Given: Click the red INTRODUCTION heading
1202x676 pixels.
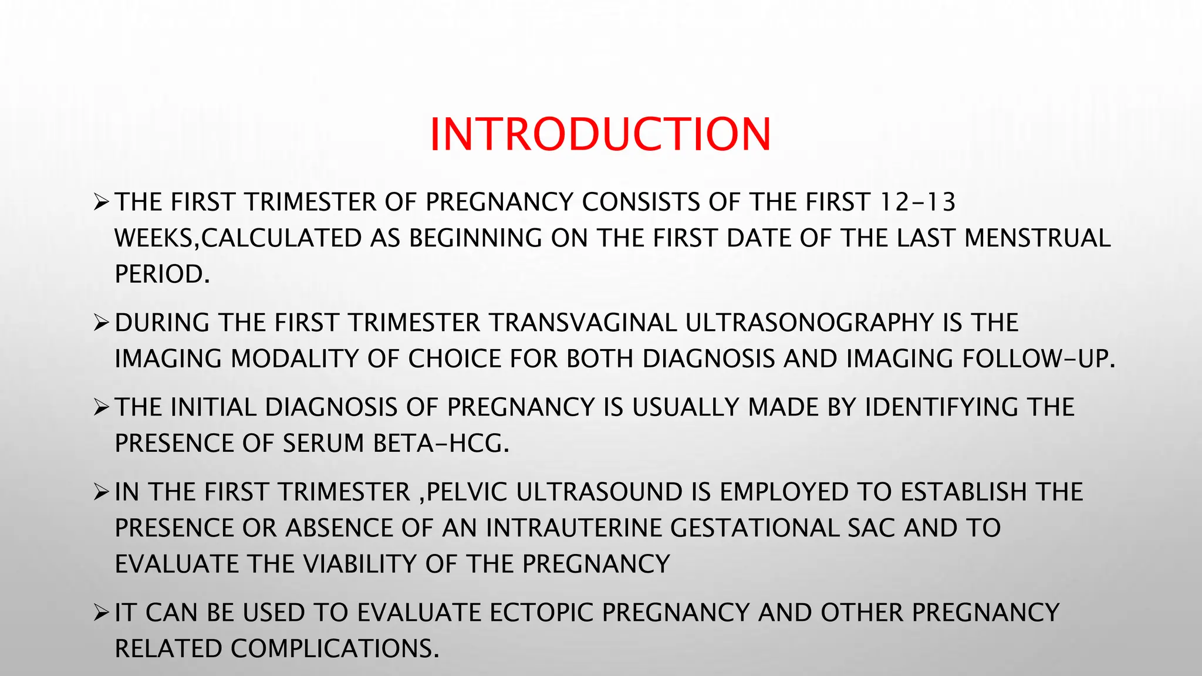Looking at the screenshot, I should pos(600,134).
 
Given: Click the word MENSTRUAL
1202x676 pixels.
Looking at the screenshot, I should pos(1037,238).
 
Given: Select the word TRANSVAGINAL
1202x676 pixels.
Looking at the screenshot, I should pos(582,323).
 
